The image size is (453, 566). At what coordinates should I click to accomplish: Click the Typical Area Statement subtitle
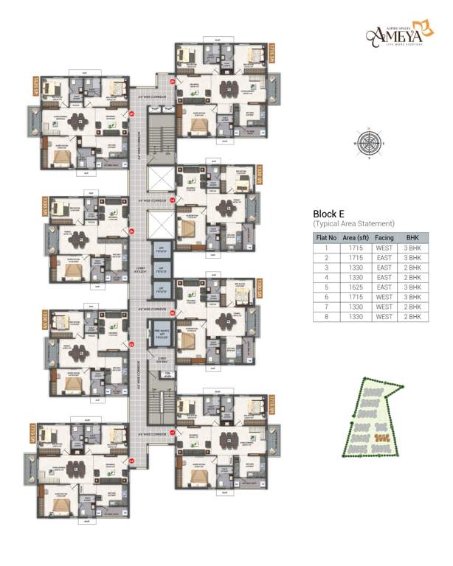[x=353, y=223]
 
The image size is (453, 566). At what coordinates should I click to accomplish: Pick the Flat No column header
[x=326, y=239]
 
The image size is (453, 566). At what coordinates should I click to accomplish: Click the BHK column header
[x=411, y=239]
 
